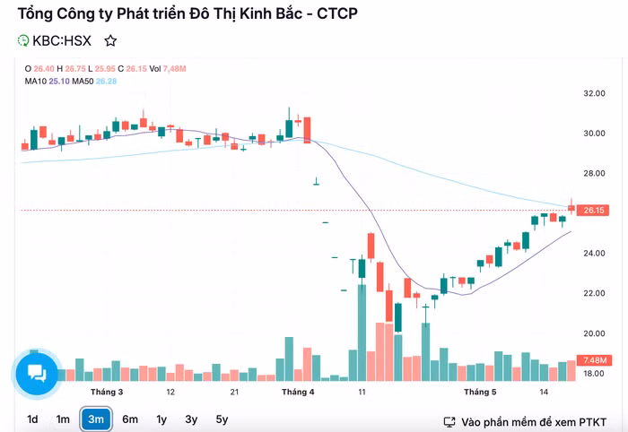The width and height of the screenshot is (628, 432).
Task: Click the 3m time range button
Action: tap(96, 419)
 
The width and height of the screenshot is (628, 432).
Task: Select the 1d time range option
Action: tap(32, 419)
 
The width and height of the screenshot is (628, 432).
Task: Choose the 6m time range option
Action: tap(130, 419)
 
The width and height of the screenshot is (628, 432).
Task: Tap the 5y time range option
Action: tap(222, 419)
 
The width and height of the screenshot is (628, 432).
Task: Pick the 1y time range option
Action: tap(161, 419)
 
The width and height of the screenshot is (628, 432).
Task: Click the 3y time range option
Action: tap(191, 419)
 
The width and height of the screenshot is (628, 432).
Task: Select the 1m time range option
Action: tap(63, 419)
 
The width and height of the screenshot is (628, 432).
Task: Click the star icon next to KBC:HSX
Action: tap(110, 41)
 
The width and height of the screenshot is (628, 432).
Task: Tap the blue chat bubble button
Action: tap(37, 373)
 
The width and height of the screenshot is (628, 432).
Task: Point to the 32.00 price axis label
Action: tap(594, 93)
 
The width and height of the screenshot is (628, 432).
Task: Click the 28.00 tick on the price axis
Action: tap(594, 174)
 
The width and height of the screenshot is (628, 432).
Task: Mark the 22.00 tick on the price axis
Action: tap(594, 294)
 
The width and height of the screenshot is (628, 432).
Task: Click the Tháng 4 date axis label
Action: tap(298, 393)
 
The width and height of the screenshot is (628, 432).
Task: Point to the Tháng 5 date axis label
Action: tap(480, 393)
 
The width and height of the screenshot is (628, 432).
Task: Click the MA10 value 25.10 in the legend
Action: tap(59, 82)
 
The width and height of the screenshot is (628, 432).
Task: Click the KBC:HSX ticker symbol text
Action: tap(62, 41)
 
